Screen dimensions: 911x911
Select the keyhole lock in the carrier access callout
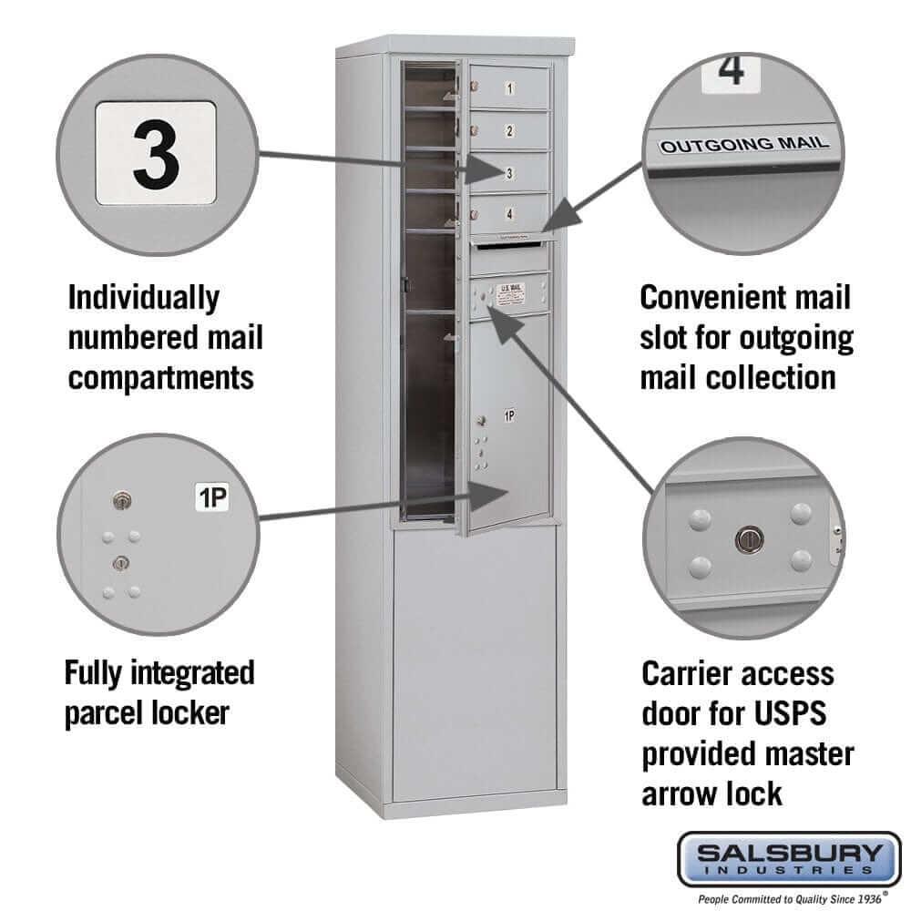click(746, 539)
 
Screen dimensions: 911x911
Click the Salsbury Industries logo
click(789, 859)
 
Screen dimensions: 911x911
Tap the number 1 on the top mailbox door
click(509, 89)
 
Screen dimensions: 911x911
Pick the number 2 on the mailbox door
click(509, 131)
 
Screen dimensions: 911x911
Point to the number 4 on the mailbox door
click(509, 215)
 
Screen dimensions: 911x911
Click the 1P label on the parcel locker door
click(510, 416)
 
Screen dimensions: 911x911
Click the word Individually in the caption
click(144, 297)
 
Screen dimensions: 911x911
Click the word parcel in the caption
click(107, 712)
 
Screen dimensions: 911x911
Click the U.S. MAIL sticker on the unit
click(509, 290)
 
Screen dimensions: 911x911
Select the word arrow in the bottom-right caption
click(683, 793)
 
